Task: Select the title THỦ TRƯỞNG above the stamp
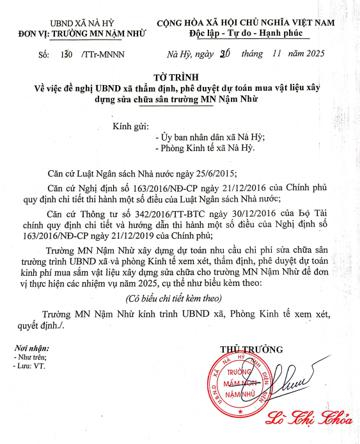click(251, 350)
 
